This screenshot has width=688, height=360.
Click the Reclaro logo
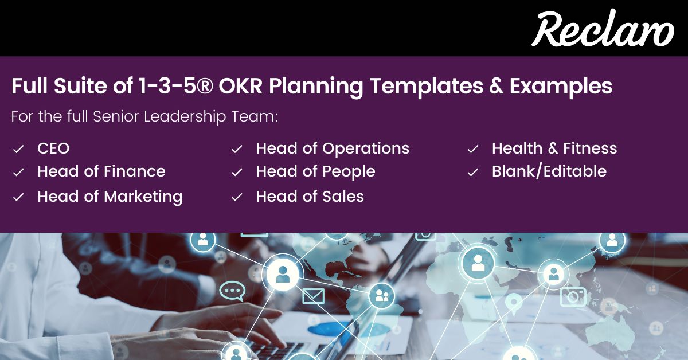click(x=602, y=29)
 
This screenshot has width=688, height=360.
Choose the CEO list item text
click(x=53, y=148)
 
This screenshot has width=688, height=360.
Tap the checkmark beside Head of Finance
click(x=18, y=172)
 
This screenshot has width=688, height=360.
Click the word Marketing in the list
click(x=143, y=197)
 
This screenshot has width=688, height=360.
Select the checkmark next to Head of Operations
click(x=237, y=149)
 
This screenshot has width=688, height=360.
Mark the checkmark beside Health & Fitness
click(x=473, y=149)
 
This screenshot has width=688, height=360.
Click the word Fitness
click(x=590, y=148)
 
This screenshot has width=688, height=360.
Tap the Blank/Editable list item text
click(x=549, y=171)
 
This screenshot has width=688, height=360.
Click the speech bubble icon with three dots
click(x=232, y=291)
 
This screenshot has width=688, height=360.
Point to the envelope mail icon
click(x=313, y=296)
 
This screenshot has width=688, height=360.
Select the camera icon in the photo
click(x=573, y=296)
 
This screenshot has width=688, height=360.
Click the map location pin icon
click(x=514, y=302)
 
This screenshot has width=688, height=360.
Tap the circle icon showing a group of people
click(x=381, y=296)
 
